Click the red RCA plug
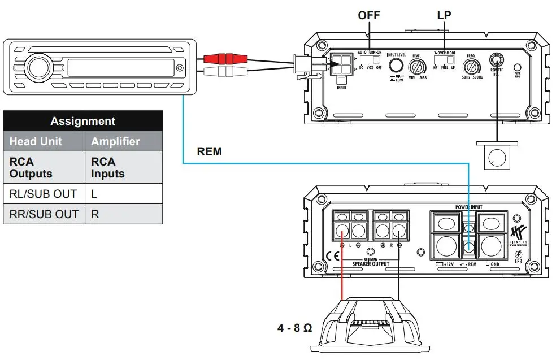tap(225, 58)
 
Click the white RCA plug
tap(225, 71)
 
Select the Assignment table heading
tap(82, 121)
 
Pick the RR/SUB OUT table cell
tap(44, 214)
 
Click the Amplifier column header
tap(115, 141)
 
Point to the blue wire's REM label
tap(209, 151)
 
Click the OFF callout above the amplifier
tap(370, 15)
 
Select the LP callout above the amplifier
tap(445, 15)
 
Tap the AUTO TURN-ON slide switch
tap(370, 59)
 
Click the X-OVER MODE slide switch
tap(445, 59)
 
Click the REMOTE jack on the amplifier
tap(497, 59)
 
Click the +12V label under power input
tap(446, 264)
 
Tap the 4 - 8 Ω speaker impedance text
tap(295, 328)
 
